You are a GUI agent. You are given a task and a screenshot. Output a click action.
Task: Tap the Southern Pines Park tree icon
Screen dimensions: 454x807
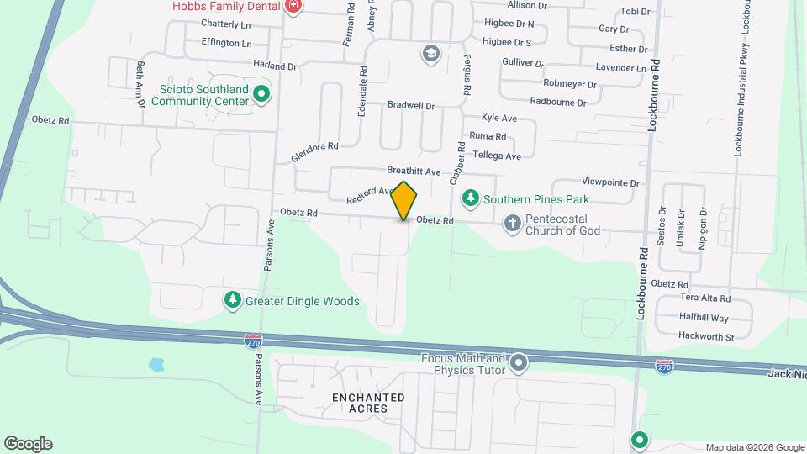[x=471, y=198]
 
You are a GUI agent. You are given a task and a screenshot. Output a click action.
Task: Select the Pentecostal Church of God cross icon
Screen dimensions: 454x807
[x=513, y=224]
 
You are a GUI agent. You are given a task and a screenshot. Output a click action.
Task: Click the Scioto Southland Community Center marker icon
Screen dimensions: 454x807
[x=261, y=93]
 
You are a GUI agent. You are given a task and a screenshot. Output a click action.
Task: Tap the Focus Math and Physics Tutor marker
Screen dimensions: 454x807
[x=519, y=364]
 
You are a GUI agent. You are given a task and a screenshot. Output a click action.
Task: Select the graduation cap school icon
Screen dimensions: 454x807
[x=431, y=54]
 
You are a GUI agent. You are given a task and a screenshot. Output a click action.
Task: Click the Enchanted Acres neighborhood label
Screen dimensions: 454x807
[x=367, y=403]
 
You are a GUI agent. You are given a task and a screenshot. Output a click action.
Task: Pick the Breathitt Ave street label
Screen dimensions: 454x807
[x=414, y=172]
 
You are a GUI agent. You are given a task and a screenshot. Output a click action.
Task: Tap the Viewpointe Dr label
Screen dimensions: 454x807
[x=611, y=182]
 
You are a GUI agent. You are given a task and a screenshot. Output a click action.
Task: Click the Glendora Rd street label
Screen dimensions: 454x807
[x=314, y=152]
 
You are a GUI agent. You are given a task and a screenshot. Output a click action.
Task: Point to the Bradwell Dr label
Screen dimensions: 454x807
[x=411, y=106]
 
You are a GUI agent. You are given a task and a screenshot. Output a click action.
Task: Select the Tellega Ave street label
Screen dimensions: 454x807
[x=497, y=156]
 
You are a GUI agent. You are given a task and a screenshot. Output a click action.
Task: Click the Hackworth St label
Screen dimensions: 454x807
[x=707, y=337]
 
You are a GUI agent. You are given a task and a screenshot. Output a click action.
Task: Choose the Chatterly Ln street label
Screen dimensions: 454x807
[x=226, y=24]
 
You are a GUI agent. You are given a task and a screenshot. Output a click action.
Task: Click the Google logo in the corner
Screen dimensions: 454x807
[x=28, y=443]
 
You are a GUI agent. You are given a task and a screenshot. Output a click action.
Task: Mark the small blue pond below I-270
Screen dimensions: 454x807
[x=156, y=365]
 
